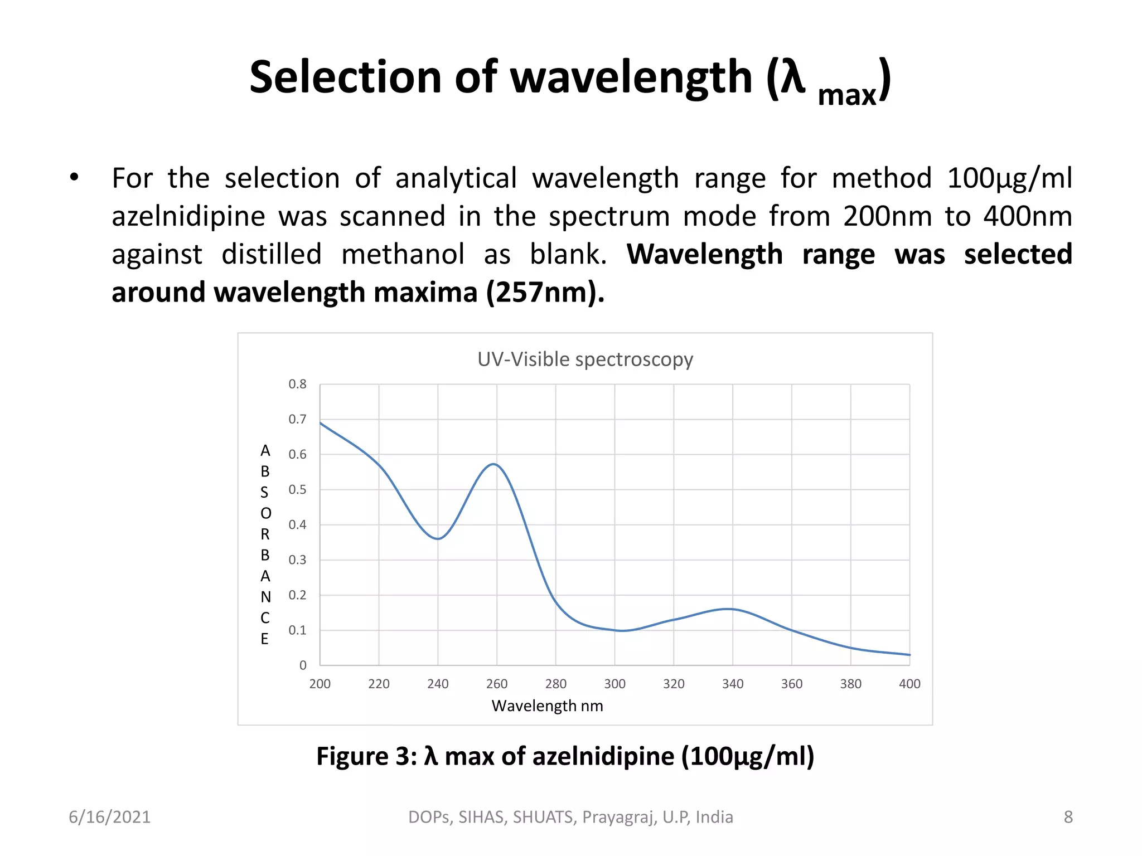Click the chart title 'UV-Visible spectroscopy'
tap(585, 359)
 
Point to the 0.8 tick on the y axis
tap(297, 384)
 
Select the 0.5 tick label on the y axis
tap(297, 489)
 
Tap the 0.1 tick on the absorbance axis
tap(297, 630)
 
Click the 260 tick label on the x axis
tap(497, 684)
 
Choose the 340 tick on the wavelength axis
tap(733, 684)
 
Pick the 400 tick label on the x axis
tap(909, 684)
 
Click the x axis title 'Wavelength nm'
tap(547, 706)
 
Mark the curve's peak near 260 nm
tap(495, 464)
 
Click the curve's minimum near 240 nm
tap(438, 539)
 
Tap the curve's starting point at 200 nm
tap(320, 423)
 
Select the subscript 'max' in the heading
tap(846, 96)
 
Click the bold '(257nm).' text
tap(545, 292)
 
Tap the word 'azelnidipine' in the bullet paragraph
tap(188, 216)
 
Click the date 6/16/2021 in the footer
tap(110, 817)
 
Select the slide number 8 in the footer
tap(1068, 817)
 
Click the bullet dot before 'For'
tap(74, 178)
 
